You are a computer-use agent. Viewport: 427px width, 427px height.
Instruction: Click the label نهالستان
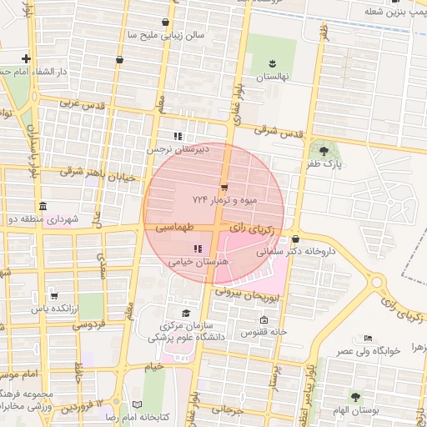tap(271, 77)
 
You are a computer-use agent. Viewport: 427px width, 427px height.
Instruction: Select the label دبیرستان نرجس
tap(177, 149)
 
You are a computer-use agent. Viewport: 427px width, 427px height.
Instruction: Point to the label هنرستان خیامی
tap(199, 262)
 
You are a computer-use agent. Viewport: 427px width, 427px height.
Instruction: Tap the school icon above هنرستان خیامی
tap(198, 249)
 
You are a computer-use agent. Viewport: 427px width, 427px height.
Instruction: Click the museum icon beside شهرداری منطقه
tap(43, 206)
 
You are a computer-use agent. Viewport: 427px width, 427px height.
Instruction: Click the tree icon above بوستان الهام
tap(356, 398)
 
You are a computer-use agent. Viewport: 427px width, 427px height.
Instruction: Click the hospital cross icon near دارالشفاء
tap(27, 58)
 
